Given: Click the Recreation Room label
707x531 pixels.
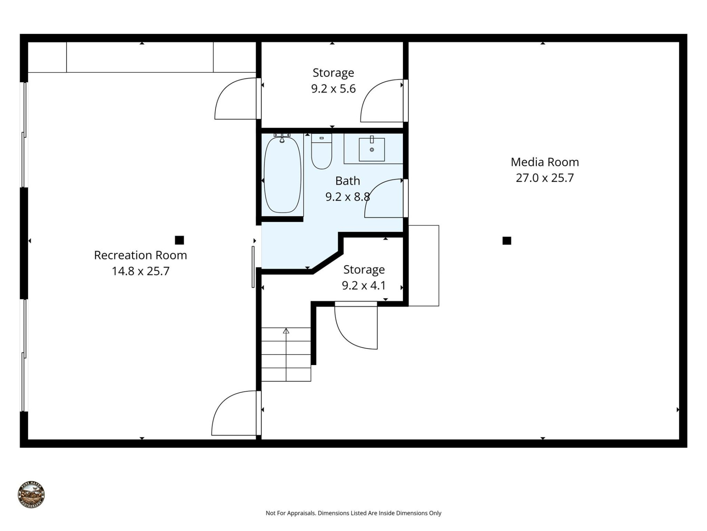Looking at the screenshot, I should [x=140, y=255].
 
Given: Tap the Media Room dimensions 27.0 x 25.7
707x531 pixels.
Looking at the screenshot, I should [x=545, y=178].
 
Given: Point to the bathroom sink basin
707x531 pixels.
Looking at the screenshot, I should [x=372, y=150].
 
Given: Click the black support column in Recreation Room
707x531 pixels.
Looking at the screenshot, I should [x=179, y=240].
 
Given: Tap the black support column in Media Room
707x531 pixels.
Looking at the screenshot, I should [x=507, y=241].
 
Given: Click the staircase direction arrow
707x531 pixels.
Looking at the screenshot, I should [x=286, y=331].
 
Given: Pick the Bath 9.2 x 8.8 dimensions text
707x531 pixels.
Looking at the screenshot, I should [x=347, y=197].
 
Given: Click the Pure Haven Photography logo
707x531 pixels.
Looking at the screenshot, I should [x=31, y=495].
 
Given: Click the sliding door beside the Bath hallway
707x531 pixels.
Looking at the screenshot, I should [x=253, y=267].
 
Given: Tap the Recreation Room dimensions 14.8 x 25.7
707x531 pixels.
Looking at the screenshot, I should [x=140, y=271].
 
